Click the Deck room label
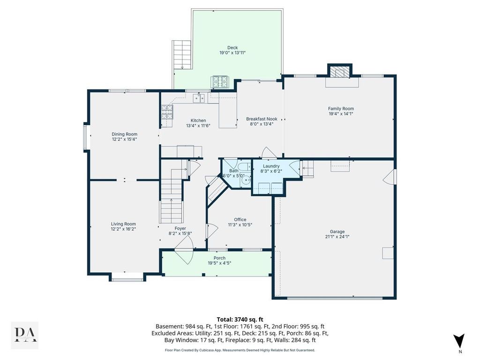point(232,47)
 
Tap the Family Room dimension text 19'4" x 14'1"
point(341,114)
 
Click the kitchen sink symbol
point(199,98)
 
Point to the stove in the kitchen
point(167,112)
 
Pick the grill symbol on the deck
point(220,82)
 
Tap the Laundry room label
point(271,166)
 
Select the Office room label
point(240,219)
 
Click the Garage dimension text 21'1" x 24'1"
point(337,237)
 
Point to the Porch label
point(219,258)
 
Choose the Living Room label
point(123,224)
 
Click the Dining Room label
point(124,134)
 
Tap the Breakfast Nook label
point(262,119)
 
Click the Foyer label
point(180,228)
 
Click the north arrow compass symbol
point(459,341)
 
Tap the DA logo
point(25,335)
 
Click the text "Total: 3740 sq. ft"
point(240,320)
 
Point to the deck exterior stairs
point(181,55)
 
